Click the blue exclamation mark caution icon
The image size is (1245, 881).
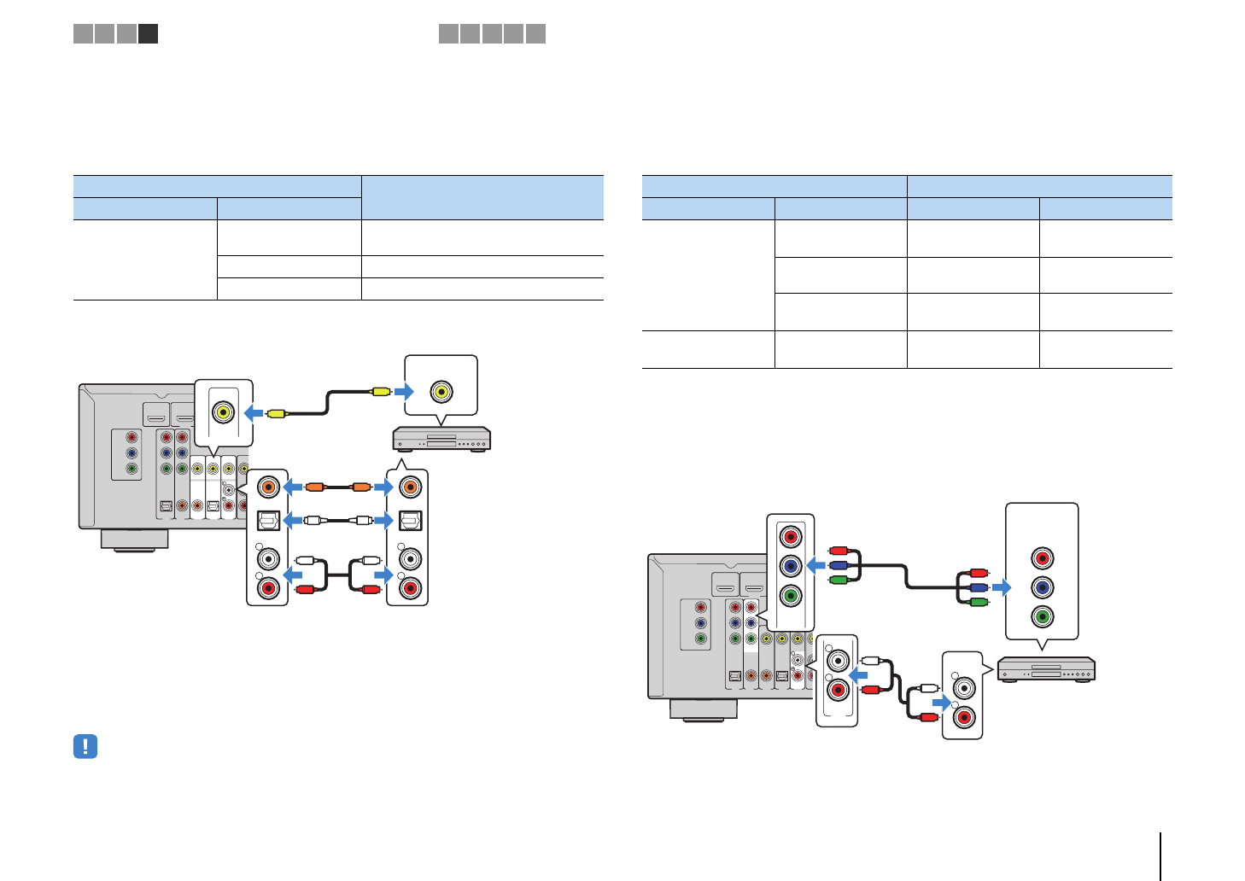85,747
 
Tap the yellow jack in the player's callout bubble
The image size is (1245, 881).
441,392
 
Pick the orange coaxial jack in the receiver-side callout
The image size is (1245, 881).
268,487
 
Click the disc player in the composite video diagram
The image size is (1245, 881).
441,439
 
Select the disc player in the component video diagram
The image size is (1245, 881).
1046,669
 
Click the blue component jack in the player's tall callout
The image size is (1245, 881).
1042,587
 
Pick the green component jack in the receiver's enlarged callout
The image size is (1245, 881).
791,595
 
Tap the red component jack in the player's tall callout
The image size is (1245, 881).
1042,558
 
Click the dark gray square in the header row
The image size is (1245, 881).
149,34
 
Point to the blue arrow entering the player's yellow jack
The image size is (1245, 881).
404,392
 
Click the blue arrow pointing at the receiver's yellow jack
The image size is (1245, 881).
254,413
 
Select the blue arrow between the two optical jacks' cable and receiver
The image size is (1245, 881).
292,520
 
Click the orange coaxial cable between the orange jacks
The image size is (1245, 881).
337,487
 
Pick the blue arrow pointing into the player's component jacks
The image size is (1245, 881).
1002,587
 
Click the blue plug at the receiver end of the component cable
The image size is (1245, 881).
838,565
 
